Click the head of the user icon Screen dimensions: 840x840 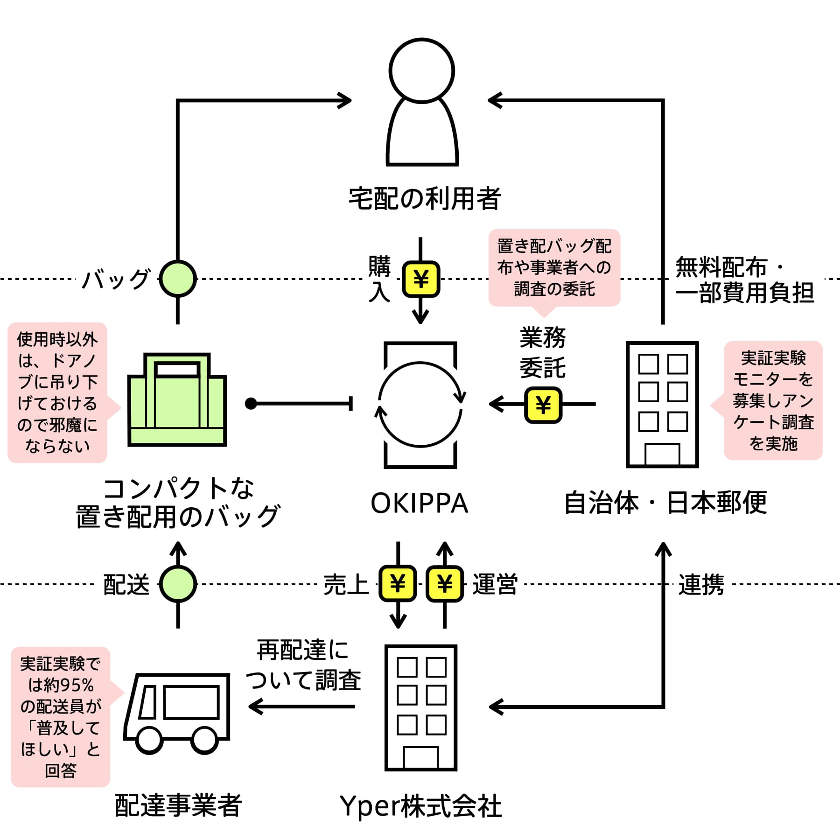tap(422, 70)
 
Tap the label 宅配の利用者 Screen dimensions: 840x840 tap(425, 199)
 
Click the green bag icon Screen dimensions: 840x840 tap(177, 399)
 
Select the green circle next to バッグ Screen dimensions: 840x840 tap(178, 279)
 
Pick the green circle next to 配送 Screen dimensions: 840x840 tap(178, 584)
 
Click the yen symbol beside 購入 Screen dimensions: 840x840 tap(421, 279)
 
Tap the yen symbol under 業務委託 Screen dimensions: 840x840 tap(543, 405)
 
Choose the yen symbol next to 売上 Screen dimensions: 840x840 tap(398, 583)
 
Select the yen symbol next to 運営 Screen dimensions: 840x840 tap(445, 583)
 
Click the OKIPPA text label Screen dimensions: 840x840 tap(420, 503)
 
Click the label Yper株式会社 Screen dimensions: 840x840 tap(421, 806)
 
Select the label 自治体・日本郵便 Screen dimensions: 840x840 tap(666, 503)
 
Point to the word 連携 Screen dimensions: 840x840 tap(701, 584)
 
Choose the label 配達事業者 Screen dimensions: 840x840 tap(178, 805)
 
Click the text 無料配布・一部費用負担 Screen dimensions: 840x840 tap(745, 280)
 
